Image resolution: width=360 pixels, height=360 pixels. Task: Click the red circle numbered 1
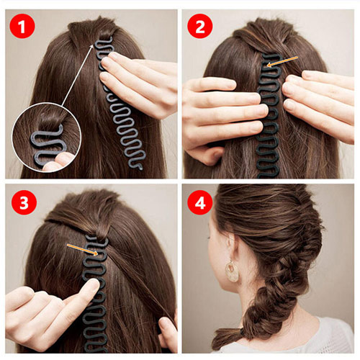pos(22,26)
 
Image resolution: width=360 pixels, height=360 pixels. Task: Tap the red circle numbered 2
pos(200,26)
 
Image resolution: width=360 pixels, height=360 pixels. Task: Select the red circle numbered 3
pos(24,202)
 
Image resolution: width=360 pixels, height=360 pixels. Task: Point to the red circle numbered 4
pos(200,202)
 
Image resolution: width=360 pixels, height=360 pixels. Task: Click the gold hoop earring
pos(232,271)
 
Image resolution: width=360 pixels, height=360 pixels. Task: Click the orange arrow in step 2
pos(282,61)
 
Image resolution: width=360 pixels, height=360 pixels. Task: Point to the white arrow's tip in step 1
pos(93,45)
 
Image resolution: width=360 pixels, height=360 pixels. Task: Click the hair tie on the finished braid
pos(242,332)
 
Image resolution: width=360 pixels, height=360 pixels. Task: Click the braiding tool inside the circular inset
pos(48,145)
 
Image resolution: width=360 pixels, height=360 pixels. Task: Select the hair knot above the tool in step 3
pos(102,233)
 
